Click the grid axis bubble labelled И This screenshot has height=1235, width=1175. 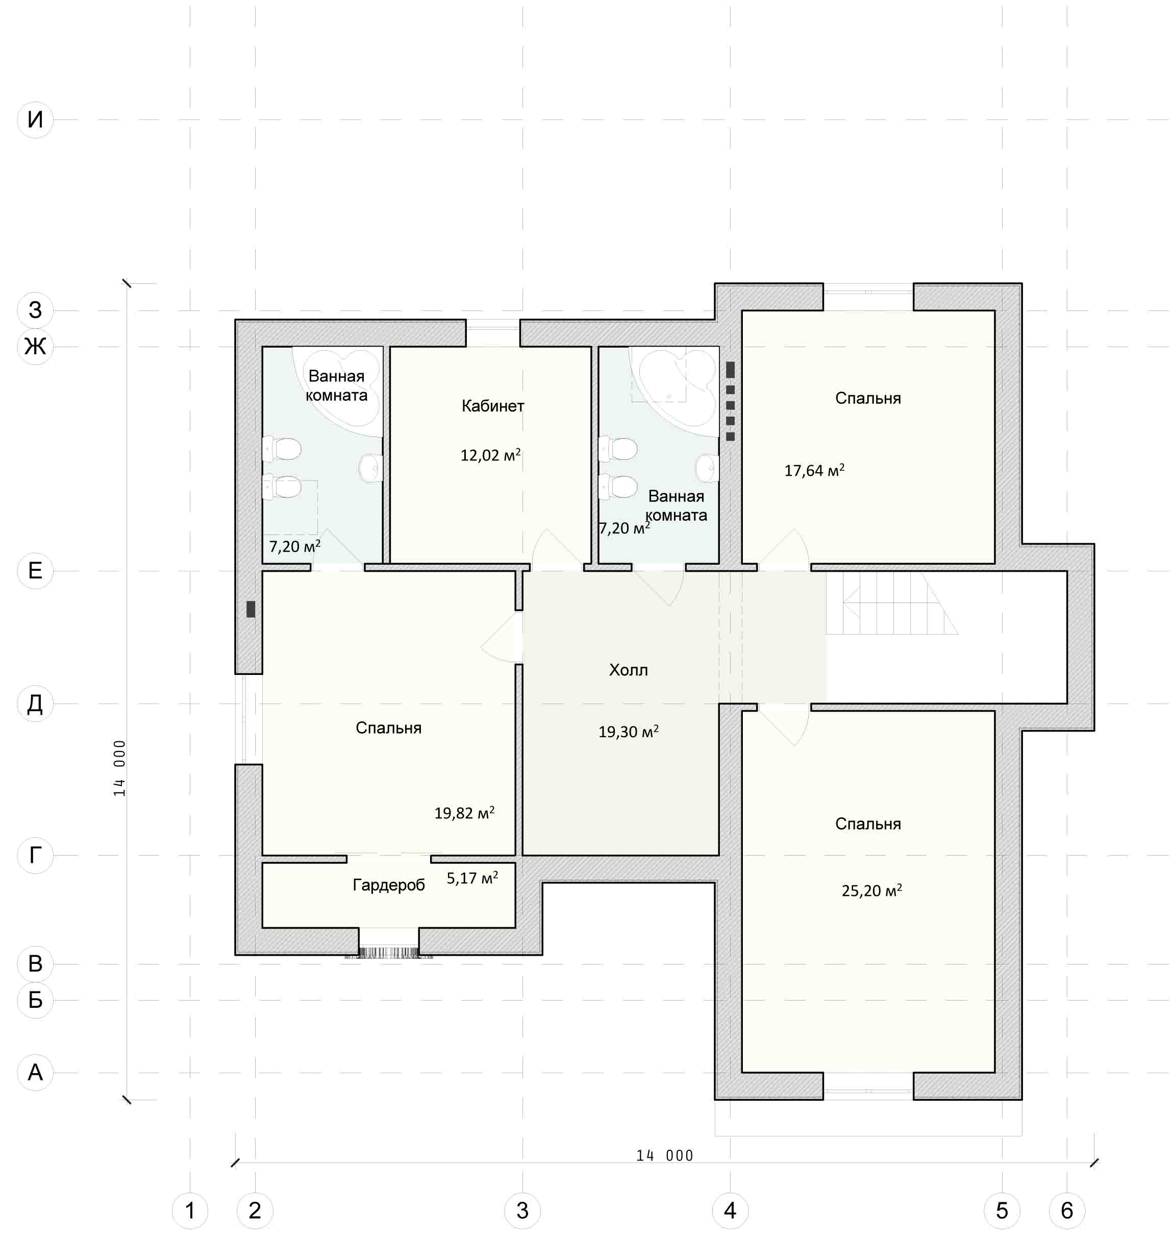tap(35, 119)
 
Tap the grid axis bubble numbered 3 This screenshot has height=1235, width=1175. tap(522, 1210)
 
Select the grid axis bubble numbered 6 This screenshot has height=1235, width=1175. tap(1067, 1210)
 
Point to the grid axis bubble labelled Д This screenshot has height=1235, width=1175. tap(35, 704)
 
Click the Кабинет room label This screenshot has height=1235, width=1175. tap(492, 406)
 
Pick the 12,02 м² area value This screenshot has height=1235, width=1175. tap(490, 455)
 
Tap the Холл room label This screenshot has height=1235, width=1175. tap(628, 670)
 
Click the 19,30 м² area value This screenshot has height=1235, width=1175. tap(628, 731)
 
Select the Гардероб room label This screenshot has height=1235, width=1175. tap(388, 885)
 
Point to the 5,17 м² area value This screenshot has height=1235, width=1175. tap(472, 878)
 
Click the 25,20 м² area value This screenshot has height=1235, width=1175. tap(872, 890)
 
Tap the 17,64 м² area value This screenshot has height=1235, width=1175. tap(814, 470)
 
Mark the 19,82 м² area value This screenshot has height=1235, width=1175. tap(464, 813)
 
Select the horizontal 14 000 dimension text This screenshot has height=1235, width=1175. tap(664, 1155)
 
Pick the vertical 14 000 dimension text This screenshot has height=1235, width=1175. tap(119, 768)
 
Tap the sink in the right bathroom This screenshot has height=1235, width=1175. tap(708, 468)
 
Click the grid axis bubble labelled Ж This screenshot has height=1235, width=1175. tap(35, 346)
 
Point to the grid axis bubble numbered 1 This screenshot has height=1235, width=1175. tap(190, 1210)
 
